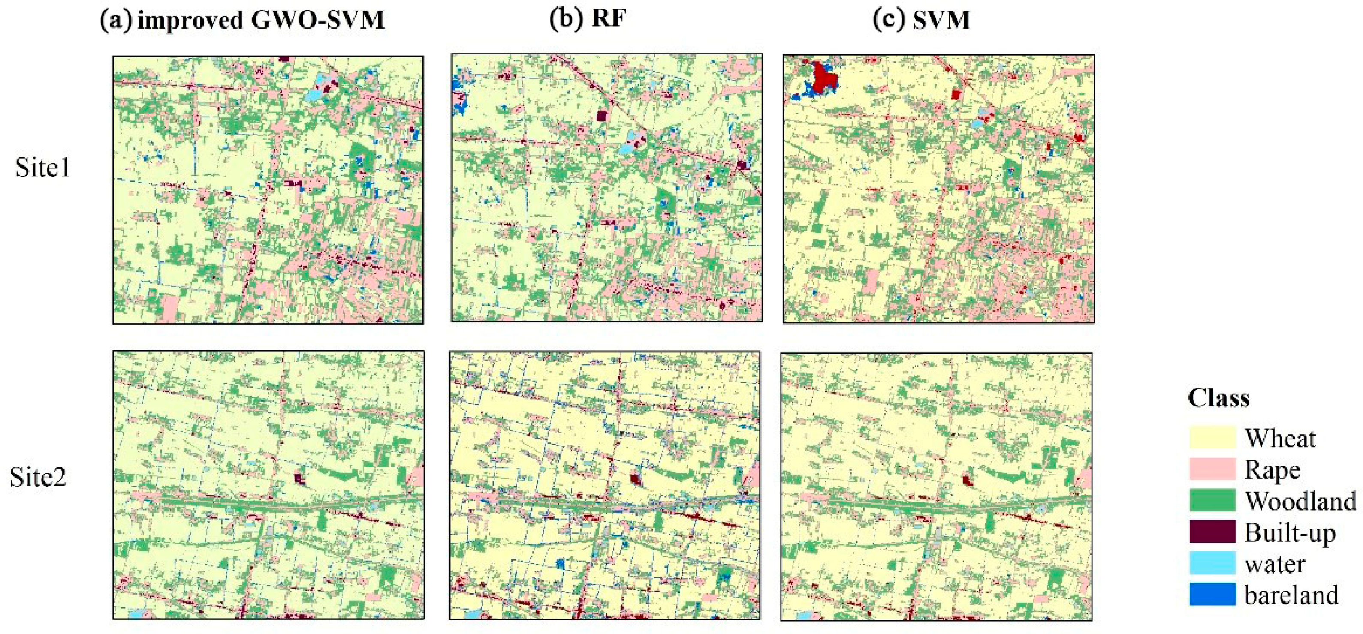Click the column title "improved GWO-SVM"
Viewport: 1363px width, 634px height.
pyautogui.click(x=260, y=20)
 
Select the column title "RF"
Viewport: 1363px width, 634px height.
pyautogui.click(x=609, y=19)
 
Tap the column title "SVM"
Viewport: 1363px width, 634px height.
pyautogui.click(x=941, y=20)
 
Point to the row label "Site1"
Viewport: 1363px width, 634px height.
pyautogui.click(x=42, y=168)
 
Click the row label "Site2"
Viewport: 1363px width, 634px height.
pyautogui.click(x=38, y=477)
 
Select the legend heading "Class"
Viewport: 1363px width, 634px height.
pyautogui.click(x=1218, y=398)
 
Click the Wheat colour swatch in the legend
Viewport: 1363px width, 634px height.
pyautogui.click(x=1212, y=438)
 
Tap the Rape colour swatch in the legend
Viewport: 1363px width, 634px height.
pyautogui.click(x=1212, y=469)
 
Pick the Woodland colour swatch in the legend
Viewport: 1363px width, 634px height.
pyautogui.click(x=1212, y=500)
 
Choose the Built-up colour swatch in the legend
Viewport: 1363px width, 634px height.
pyautogui.click(x=1212, y=532)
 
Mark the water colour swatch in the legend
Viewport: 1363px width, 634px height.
pyautogui.click(x=1212, y=563)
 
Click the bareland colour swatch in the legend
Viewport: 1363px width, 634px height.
pyautogui.click(x=1212, y=594)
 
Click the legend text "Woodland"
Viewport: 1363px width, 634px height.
pyautogui.click(x=1300, y=501)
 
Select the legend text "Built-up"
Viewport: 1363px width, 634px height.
pyautogui.click(x=1290, y=533)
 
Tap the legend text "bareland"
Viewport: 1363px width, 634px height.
pyautogui.click(x=1291, y=595)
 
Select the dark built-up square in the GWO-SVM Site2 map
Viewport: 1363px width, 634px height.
pyautogui.click(x=299, y=478)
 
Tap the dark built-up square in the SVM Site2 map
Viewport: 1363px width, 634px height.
pyautogui.click(x=967, y=481)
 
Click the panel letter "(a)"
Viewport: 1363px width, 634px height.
pyautogui.click(x=116, y=20)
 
